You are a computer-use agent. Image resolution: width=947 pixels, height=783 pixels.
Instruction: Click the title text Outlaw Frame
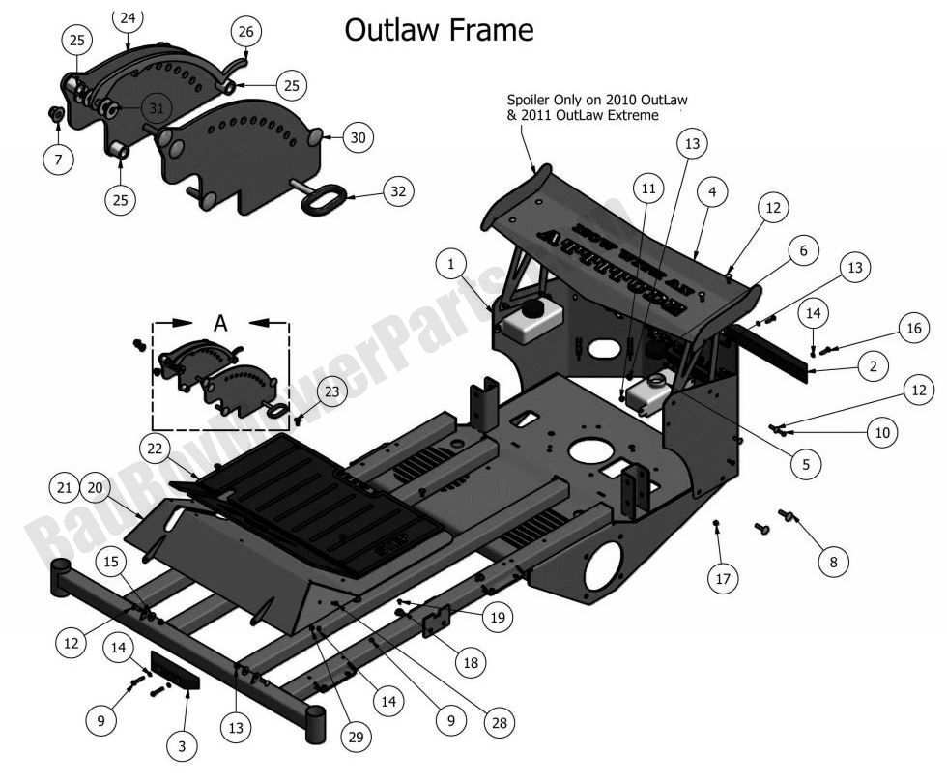[x=439, y=30]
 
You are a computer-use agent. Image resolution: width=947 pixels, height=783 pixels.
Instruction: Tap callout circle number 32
[x=397, y=190]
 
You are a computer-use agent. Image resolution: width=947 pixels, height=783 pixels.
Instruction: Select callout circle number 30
[x=358, y=138]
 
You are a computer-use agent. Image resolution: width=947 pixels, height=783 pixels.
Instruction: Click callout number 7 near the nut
[x=58, y=159]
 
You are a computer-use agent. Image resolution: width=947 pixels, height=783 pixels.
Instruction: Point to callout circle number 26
[x=245, y=32]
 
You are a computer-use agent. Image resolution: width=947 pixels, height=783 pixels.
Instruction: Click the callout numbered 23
[x=331, y=391]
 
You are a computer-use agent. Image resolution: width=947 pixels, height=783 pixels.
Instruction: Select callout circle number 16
[x=913, y=329]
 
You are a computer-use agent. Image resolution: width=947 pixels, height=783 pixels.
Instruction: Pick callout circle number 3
[x=182, y=744]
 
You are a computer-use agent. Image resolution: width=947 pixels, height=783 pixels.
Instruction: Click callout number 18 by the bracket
[x=471, y=663]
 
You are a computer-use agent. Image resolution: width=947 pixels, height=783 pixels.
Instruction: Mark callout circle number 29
[x=356, y=738]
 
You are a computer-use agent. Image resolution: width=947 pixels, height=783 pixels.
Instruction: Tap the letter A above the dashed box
[x=220, y=324]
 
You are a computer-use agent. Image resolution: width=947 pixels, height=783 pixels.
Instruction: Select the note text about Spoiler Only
[x=588, y=107]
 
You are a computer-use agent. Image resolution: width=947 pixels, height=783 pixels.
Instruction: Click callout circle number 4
[x=711, y=192]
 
